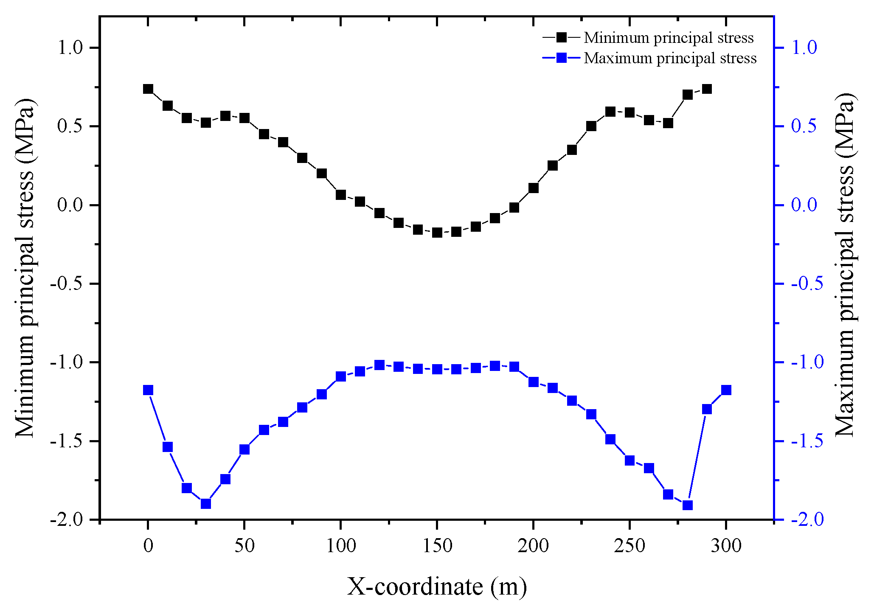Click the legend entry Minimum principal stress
(x=668, y=38)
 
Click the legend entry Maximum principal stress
(x=670, y=58)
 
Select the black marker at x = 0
(x=148, y=89)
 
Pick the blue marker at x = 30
(x=206, y=504)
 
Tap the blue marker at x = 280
(x=688, y=505)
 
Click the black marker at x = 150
(x=437, y=233)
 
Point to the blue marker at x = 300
(x=726, y=390)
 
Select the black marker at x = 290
(x=707, y=89)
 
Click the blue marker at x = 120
(x=379, y=365)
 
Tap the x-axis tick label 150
(x=437, y=546)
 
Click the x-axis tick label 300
(x=726, y=546)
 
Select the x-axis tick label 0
(x=148, y=546)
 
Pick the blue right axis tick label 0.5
(x=804, y=126)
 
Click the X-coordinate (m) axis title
(x=437, y=587)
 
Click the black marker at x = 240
(x=610, y=112)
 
